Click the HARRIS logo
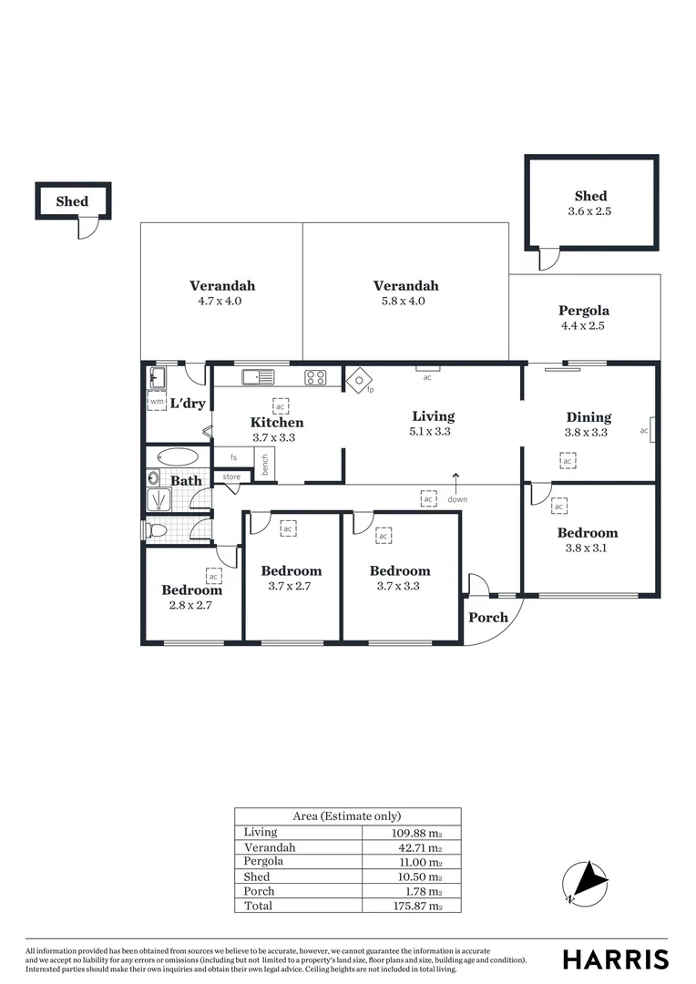click(615, 959)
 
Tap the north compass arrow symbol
click(585, 881)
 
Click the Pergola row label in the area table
click(263, 861)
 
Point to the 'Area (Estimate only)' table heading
click(347, 816)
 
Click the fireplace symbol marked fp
click(357, 380)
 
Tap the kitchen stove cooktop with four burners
click(316, 376)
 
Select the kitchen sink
click(258, 376)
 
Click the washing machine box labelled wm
click(157, 400)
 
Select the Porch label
click(488, 617)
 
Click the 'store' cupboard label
click(232, 477)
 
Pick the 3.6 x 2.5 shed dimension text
click(590, 210)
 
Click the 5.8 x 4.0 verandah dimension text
click(405, 301)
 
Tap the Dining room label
click(589, 417)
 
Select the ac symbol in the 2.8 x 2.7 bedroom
click(214, 576)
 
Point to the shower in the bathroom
click(159, 500)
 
